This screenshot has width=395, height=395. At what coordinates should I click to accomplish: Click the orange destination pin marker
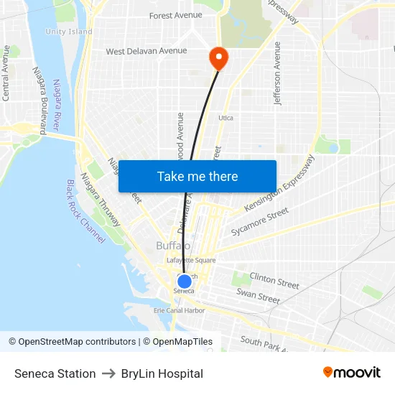(217, 57)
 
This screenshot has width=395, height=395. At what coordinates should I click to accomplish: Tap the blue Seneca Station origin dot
(185, 282)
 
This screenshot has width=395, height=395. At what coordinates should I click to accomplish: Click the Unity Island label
(69, 32)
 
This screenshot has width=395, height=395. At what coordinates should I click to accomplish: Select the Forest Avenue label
(176, 15)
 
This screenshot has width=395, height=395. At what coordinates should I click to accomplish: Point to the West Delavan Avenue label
(147, 51)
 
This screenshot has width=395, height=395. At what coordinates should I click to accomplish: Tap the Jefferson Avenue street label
(277, 73)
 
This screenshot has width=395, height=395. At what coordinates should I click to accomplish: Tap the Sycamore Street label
(259, 222)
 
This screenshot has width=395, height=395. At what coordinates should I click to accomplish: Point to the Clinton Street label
(274, 280)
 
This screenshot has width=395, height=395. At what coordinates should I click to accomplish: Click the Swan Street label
(258, 295)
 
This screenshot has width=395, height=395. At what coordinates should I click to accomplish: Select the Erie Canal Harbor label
(180, 310)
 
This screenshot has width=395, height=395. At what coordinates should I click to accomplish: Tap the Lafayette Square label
(191, 260)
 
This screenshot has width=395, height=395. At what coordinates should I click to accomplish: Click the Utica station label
(226, 118)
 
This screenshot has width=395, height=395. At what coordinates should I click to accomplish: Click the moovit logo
(351, 373)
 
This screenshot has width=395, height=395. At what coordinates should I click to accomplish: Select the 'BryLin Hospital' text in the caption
(162, 373)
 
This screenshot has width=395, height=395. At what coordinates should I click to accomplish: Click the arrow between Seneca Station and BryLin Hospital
(108, 373)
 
